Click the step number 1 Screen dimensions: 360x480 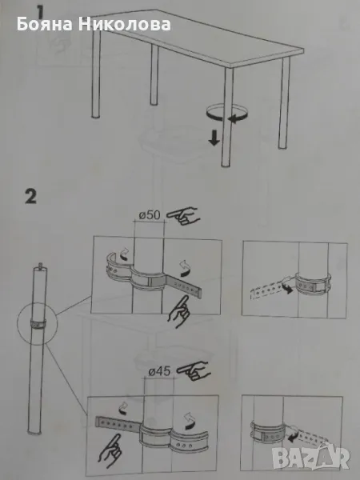click(x=41, y=12)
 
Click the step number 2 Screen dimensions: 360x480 click(x=30, y=197)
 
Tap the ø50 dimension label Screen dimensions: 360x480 click(x=150, y=215)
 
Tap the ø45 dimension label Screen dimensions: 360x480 click(x=159, y=371)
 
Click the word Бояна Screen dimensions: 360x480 click(x=45, y=25)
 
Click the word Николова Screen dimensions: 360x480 click(x=124, y=25)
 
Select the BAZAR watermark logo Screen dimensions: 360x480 click(x=310, y=458)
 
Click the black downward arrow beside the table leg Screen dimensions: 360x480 click(x=214, y=138)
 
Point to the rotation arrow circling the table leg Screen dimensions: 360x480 click(x=226, y=114)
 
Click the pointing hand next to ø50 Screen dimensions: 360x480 click(x=182, y=215)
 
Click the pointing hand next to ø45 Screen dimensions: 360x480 click(x=194, y=370)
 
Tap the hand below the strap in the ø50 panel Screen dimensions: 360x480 click(x=179, y=312)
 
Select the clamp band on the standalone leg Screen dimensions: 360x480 click(x=38, y=323)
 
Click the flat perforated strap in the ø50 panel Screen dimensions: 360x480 click(x=184, y=287)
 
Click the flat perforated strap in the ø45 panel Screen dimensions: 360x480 click(x=118, y=423)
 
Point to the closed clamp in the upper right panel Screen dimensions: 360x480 click(x=313, y=284)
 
